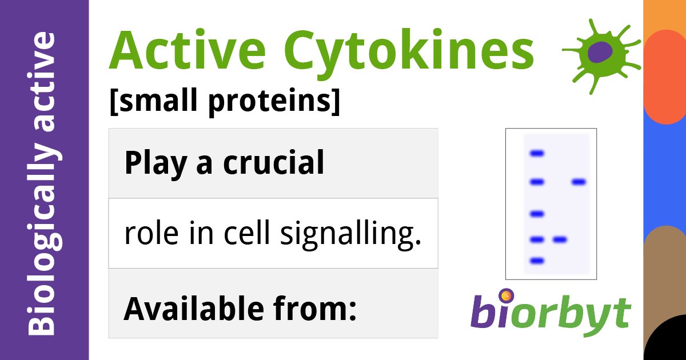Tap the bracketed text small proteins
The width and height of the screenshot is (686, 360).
[224, 101]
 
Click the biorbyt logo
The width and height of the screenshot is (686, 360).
[551, 314]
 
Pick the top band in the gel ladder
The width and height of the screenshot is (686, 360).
[537, 153]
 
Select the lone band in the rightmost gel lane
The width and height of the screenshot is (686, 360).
[579, 182]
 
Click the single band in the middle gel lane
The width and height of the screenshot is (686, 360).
[559, 239]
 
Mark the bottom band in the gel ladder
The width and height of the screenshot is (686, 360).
[537, 261]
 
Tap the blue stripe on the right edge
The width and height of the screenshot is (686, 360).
[664, 171]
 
